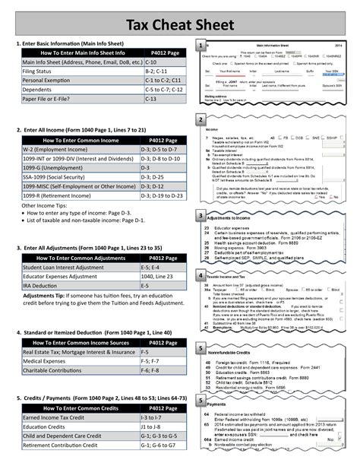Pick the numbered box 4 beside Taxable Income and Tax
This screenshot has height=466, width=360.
coord(199,275)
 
